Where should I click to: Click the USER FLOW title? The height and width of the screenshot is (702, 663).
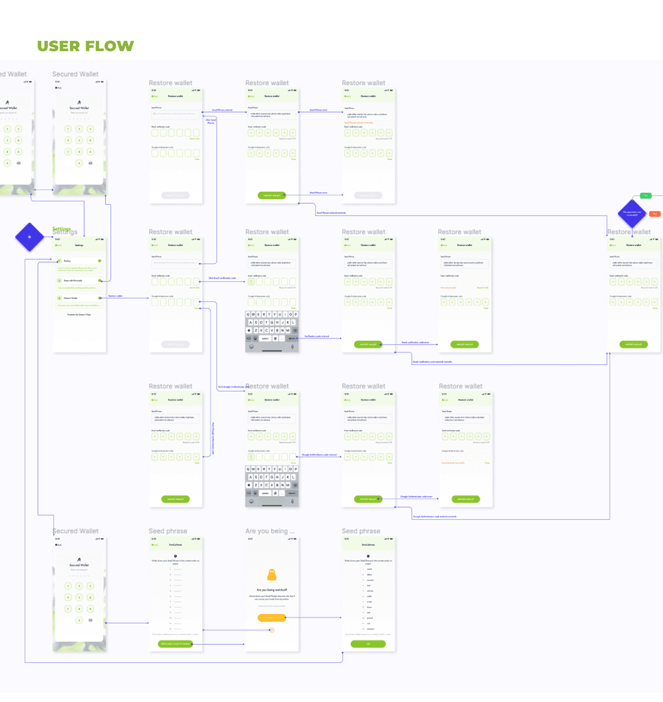[x=85, y=46]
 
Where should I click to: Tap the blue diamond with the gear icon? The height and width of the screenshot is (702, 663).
[x=29, y=237]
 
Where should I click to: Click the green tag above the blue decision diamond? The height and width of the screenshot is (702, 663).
[x=645, y=196]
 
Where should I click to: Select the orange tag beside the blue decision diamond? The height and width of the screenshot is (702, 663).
[x=655, y=214]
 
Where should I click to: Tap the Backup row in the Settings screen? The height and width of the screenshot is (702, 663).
[x=79, y=261]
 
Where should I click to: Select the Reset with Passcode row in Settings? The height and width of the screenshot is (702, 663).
[x=79, y=280]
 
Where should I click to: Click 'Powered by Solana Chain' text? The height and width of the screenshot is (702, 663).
[x=79, y=315]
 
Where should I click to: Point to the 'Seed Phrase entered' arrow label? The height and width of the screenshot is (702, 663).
[x=222, y=110]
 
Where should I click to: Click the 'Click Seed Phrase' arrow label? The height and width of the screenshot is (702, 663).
[x=211, y=121]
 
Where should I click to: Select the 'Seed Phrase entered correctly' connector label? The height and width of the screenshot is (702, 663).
[x=331, y=213]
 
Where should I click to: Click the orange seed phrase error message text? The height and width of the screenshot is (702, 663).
[x=358, y=123]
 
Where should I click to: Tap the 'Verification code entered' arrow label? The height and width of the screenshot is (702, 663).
[x=317, y=336]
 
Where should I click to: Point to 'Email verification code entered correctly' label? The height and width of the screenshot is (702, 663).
[x=432, y=362]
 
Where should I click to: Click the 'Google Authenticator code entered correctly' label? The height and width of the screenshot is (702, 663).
[x=435, y=517]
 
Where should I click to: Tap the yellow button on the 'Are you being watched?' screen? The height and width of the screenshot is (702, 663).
[x=272, y=618]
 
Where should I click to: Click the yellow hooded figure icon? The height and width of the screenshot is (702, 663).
[x=272, y=575]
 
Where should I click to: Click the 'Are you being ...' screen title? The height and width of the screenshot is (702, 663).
[x=270, y=531]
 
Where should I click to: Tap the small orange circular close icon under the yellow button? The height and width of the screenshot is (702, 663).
[x=271, y=630]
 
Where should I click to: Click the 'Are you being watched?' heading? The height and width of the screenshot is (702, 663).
[x=272, y=590]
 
